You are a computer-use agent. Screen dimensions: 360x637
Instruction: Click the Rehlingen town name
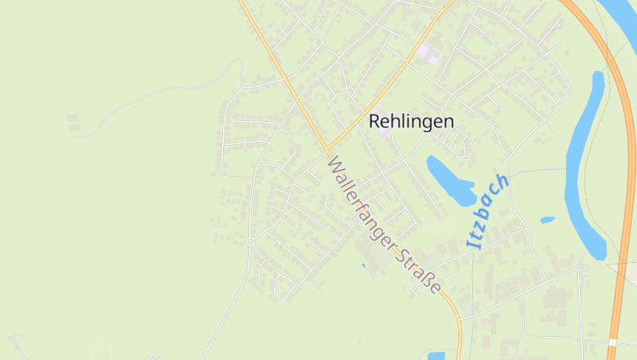pos(411,122)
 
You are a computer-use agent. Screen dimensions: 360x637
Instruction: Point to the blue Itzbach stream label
pos(487,212)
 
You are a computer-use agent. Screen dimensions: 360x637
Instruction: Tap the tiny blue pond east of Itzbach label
pos(547,219)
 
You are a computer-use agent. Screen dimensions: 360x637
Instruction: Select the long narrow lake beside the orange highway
pos(585,167)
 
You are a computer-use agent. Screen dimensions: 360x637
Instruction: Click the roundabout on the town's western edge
pos(250,241)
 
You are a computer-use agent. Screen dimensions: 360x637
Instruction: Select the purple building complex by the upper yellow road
pos(429,53)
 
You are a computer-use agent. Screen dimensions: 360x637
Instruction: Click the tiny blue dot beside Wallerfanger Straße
pos(363,264)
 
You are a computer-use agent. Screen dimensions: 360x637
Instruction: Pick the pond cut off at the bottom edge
pos(436,355)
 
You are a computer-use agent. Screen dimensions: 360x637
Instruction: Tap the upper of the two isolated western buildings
pos(72,118)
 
